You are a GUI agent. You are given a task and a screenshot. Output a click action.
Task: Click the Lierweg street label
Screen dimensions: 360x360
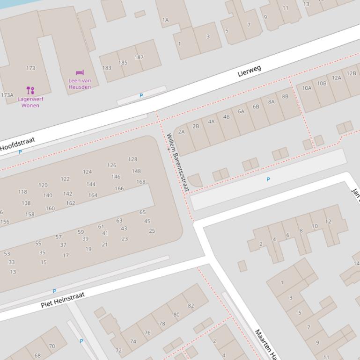click(x=249, y=71)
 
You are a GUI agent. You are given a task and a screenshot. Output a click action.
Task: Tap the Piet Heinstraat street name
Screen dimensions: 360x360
click(x=63, y=299)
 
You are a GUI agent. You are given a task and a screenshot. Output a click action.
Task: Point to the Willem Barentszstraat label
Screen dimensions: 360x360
click(x=177, y=162)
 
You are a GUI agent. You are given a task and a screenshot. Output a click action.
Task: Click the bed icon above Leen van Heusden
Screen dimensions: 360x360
click(x=80, y=72)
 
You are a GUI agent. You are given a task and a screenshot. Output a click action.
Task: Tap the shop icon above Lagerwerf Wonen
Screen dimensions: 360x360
click(x=30, y=90)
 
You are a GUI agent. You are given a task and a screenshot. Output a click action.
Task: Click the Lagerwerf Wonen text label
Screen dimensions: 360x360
click(x=30, y=102)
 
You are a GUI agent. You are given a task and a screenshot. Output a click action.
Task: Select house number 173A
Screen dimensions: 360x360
click(x=7, y=95)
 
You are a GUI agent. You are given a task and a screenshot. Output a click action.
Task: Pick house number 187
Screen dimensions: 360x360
click(x=139, y=58)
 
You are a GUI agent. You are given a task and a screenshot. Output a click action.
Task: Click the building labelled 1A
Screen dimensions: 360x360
click(x=165, y=20)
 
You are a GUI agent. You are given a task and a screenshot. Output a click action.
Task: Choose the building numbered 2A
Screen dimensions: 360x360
click(x=181, y=132)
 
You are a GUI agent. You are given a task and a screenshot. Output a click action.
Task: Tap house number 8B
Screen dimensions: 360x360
click(x=285, y=96)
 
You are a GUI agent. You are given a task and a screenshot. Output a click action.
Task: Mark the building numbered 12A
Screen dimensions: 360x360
click(x=337, y=78)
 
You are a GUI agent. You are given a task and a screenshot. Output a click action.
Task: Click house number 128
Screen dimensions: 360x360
click(x=132, y=159)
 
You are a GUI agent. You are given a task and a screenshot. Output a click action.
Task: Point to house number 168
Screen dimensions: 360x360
click(x=140, y=182)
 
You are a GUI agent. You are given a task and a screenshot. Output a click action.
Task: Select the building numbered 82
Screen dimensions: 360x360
click(x=191, y=306)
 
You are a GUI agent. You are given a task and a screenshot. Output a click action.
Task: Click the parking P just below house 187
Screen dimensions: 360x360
click(x=141, y=95)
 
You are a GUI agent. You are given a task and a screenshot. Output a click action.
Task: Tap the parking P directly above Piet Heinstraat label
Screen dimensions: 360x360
click(x=54, y=291)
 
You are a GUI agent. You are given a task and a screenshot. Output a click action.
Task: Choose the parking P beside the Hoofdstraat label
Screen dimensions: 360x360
click(x=20, y=152)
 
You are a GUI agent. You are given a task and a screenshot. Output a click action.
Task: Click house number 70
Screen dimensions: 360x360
click(x=51, y=346)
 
